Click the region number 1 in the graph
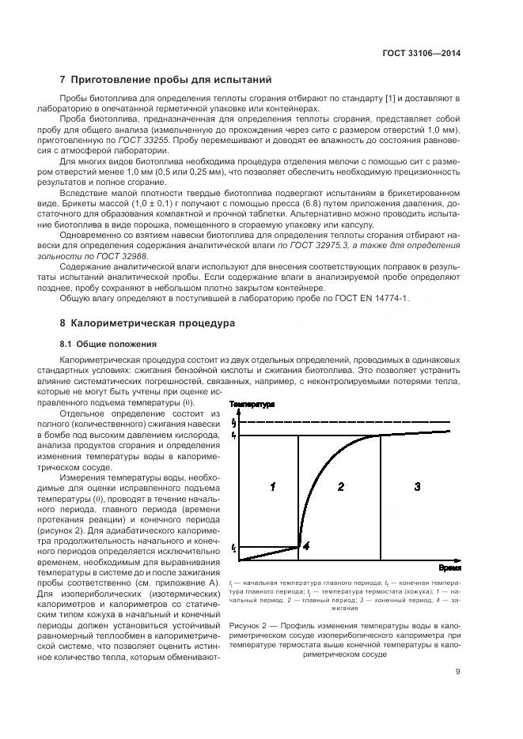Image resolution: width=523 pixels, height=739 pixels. click(x=271, y=487)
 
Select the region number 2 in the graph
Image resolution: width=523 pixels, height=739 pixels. click(x=340, y=487)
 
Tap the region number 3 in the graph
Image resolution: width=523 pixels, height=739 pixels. click(x=417, y=487)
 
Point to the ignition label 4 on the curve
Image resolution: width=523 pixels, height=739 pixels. click(x=307, y=545)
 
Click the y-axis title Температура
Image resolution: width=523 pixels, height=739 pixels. click(x=252, y=404)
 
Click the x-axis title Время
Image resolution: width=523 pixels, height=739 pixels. click(x=449, y=567)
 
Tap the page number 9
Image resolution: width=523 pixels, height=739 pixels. click(x=457, y=673)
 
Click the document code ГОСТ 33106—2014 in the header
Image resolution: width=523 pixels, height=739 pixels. click(x=421, y=53)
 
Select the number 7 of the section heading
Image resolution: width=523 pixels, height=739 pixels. click(x=63, y=80)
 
